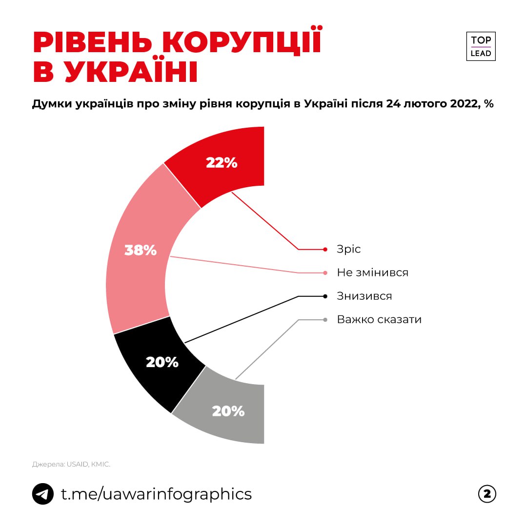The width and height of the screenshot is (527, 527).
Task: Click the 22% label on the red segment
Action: [222, 163]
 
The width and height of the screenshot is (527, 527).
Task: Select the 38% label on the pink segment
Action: [141, 250]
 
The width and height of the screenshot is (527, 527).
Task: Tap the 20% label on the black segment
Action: [162, 362]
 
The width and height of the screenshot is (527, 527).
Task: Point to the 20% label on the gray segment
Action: [228, 411]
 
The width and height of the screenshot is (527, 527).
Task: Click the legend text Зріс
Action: [349, 249]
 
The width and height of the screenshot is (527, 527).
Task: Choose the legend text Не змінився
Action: [372, 273]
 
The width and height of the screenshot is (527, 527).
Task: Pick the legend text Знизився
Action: [364, 296]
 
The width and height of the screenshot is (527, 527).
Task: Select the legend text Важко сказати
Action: [379, 319]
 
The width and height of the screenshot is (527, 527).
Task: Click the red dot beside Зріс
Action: [325, 249]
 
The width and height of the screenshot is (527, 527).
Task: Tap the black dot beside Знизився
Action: [325, 296]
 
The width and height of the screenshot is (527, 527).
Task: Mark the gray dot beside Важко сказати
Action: [325, 320]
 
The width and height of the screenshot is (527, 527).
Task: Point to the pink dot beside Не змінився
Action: [325, 273]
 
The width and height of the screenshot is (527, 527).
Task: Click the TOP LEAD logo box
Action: [481, 46]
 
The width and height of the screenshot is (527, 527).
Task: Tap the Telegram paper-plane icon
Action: [43, 494]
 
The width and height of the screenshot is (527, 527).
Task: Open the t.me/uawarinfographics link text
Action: [156, 494]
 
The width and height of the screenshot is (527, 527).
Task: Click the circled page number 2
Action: [486, 494]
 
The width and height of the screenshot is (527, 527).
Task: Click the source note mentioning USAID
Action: [71, 465]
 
